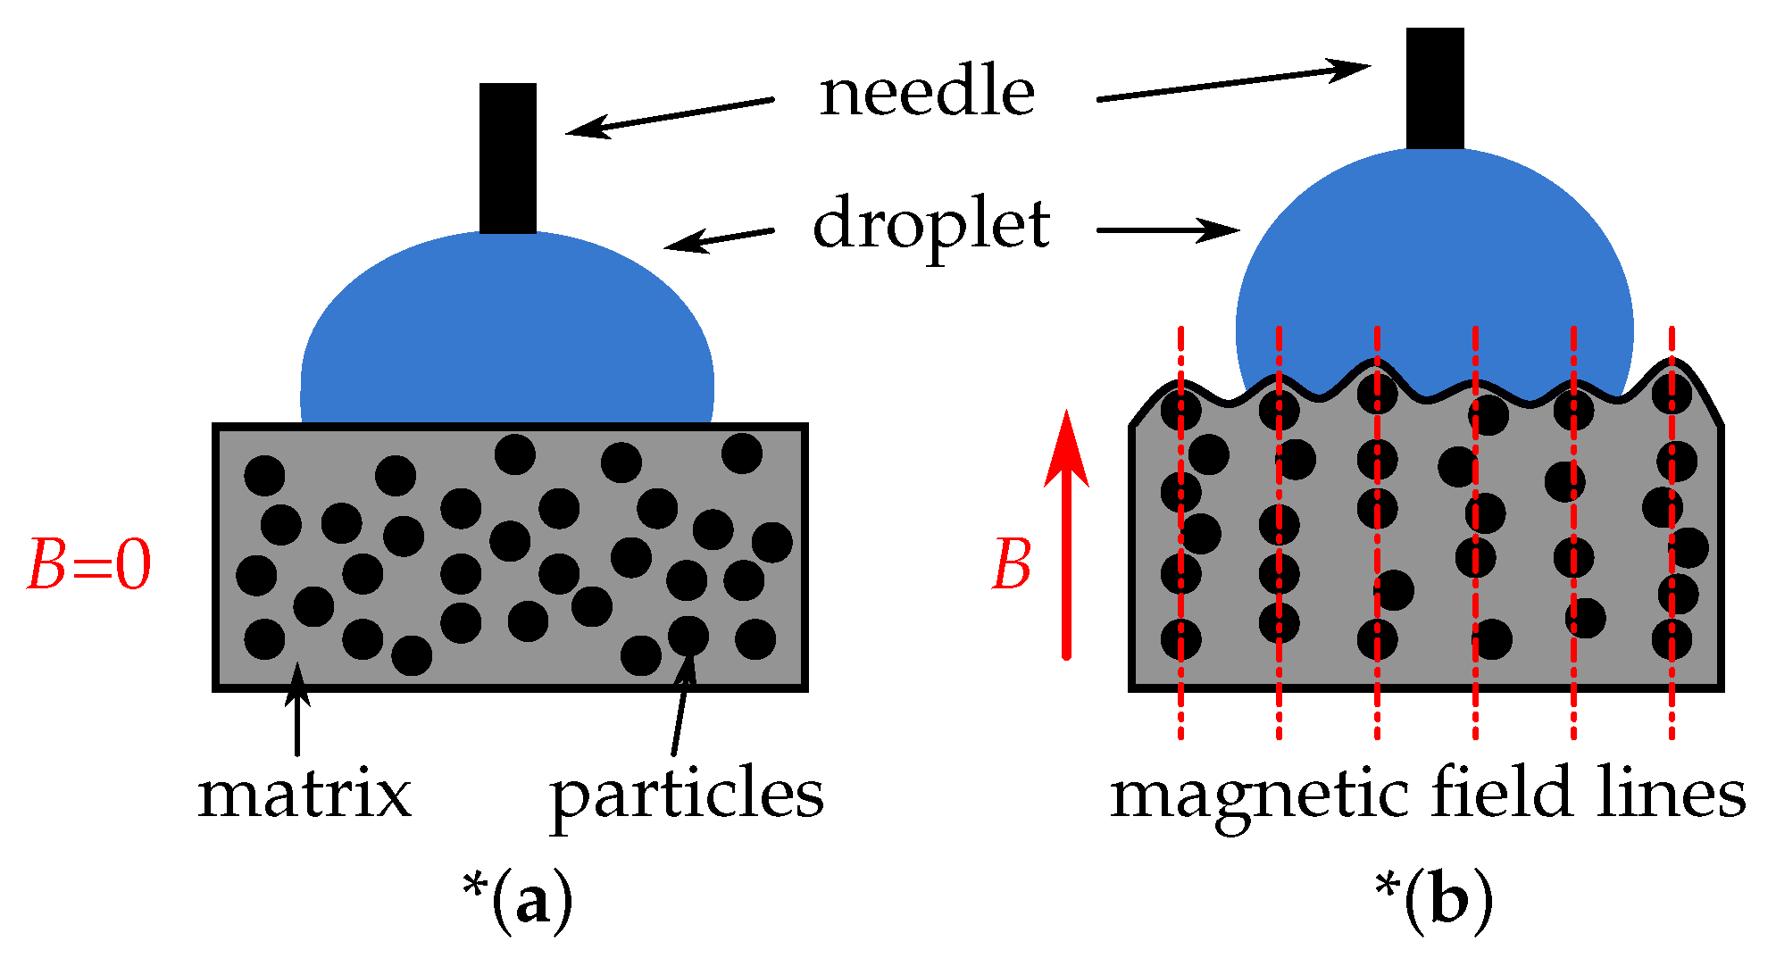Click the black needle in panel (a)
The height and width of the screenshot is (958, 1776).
507,157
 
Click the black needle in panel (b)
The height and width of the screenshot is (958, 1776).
1434,87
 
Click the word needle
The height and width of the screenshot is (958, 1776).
927,93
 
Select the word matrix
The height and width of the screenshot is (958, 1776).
304,794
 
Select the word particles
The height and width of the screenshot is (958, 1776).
686,796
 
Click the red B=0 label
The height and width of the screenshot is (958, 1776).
89,565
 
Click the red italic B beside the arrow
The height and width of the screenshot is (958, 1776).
1012,565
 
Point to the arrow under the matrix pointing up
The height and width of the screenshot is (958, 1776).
297,710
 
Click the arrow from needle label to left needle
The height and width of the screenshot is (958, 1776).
670,117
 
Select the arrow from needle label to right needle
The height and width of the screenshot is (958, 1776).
1232,82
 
